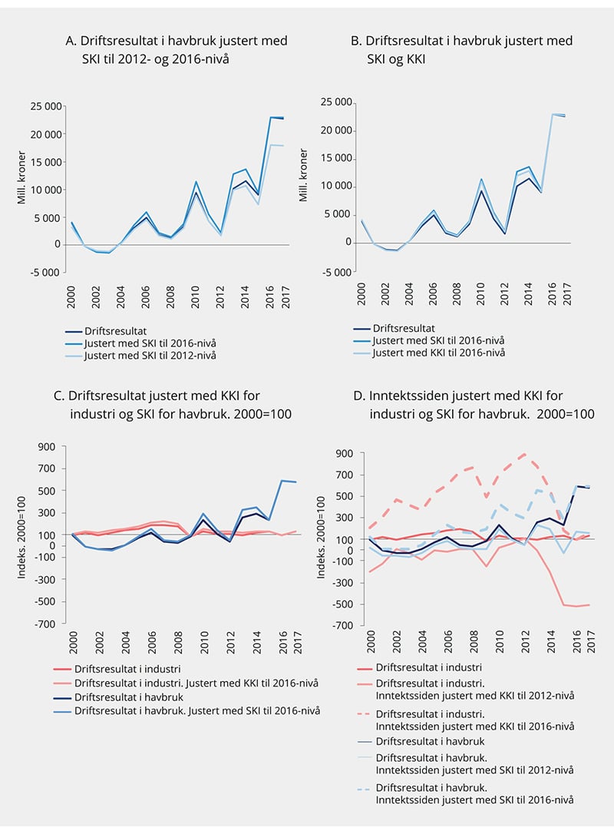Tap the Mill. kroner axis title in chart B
pos(303,181)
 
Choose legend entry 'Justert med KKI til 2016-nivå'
pos(440,352)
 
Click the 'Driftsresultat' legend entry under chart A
pos(116,331)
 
